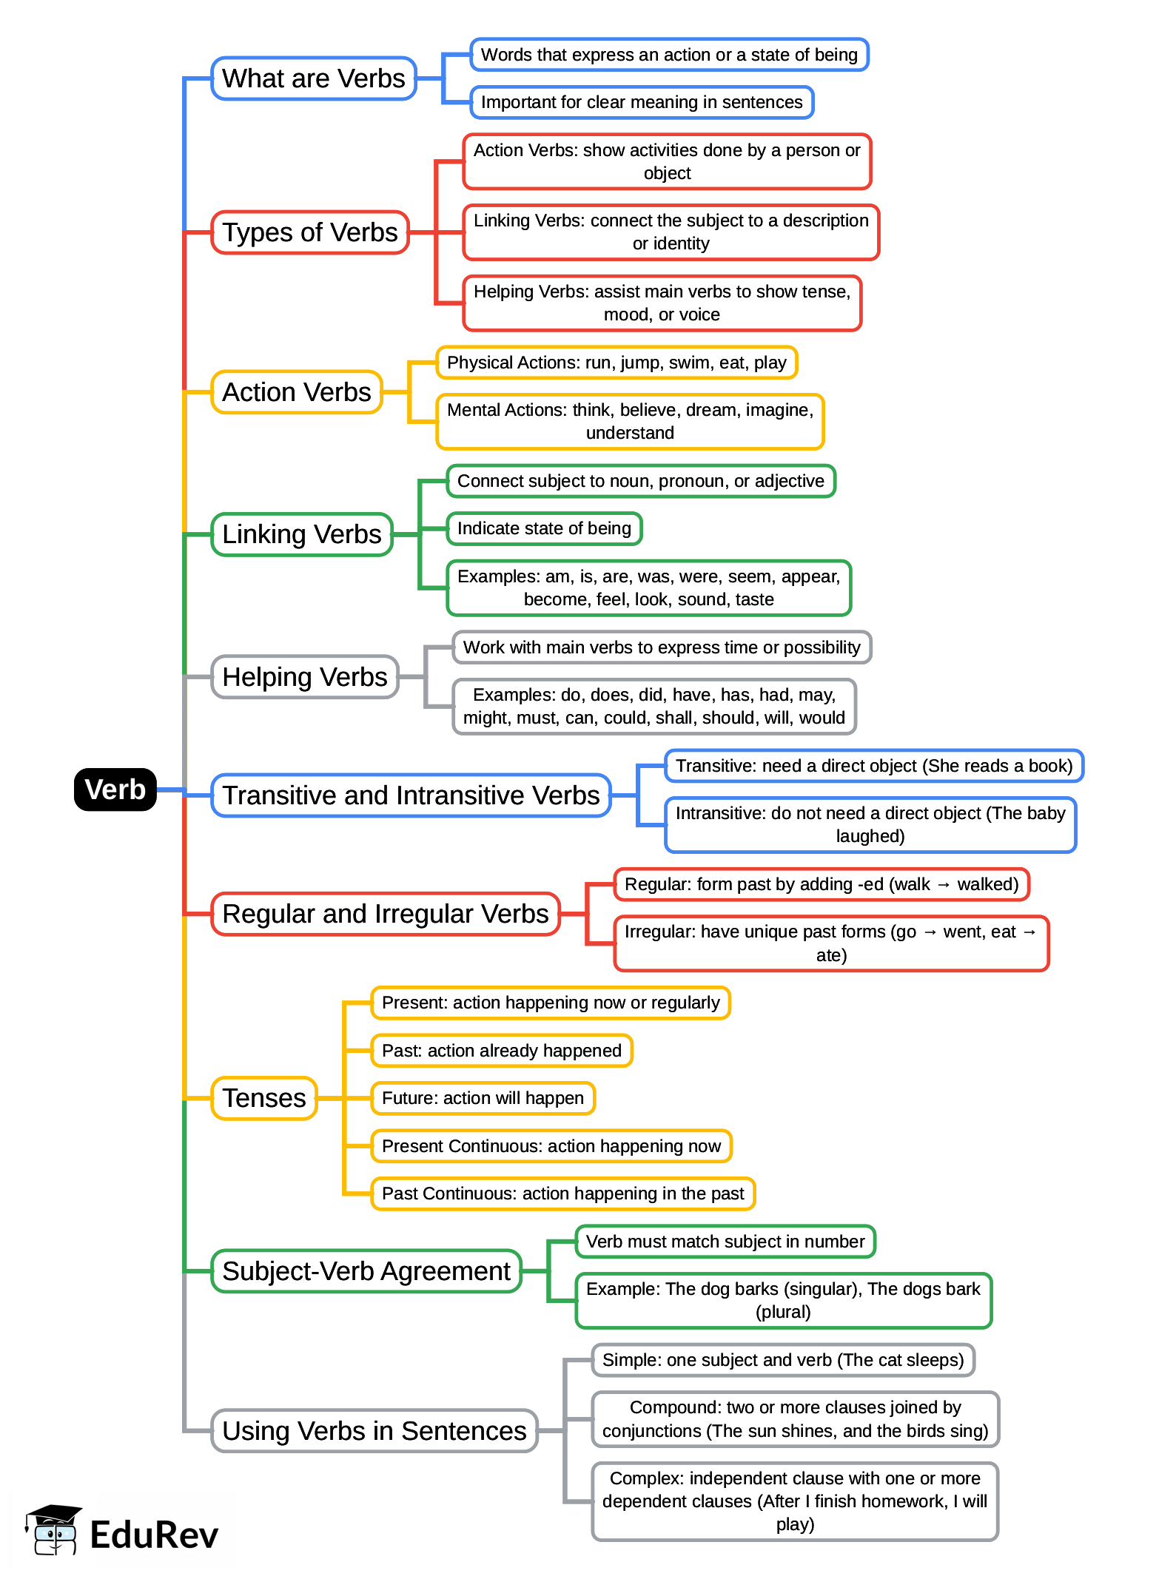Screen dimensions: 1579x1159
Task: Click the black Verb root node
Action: [x=115, y=789]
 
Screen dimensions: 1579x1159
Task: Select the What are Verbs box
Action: [x=314, y=78]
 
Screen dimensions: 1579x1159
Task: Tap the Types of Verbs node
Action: [x=310, y=232]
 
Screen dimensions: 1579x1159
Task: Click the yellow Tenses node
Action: [x=264, y=1098]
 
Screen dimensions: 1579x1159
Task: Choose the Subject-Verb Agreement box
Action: [x=366, y=1271]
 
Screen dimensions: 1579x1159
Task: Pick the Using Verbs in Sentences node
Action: [x=374, y=1431]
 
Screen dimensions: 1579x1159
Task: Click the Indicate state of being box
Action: [x=544, y=528]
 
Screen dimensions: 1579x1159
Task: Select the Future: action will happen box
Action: [x=483, y=1098]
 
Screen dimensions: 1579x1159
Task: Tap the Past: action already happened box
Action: [x=502, y=1051]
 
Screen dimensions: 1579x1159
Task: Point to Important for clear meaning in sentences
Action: [x=642, y=102]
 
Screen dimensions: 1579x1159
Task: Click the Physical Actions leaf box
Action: [x=617, y=363]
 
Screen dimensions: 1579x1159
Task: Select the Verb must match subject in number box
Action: [x=725, y=1242]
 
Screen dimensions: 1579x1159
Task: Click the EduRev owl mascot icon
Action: [x=53, y=1530]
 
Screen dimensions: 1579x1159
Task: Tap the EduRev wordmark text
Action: [x=154, y=1535]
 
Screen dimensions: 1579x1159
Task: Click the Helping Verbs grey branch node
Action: [x=305, y=677]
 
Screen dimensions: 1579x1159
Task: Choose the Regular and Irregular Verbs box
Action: [x=386, y=914]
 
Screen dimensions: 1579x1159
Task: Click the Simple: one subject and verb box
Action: [x=783, y=1360]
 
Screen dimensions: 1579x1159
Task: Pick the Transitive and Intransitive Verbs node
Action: [x=411, y=795]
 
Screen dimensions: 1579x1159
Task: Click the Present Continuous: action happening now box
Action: [x=551, y=1146]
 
